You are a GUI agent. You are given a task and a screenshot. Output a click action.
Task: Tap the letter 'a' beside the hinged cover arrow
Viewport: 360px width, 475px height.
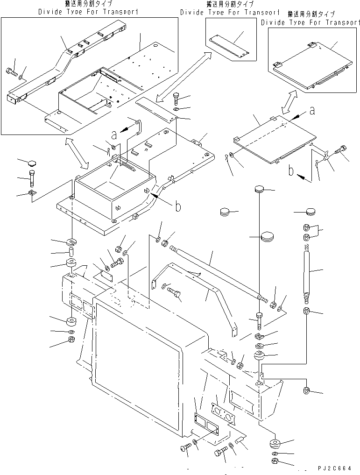coord(312,111)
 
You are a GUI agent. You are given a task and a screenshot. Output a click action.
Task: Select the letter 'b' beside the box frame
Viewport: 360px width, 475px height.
coord(177,206)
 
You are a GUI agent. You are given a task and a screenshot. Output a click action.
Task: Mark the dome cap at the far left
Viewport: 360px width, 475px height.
coord(31,163)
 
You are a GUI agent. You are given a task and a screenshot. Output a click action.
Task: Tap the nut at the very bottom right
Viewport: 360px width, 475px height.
coord(275,462)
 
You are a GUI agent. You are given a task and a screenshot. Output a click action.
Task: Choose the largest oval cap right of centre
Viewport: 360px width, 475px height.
coord(267,236)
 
